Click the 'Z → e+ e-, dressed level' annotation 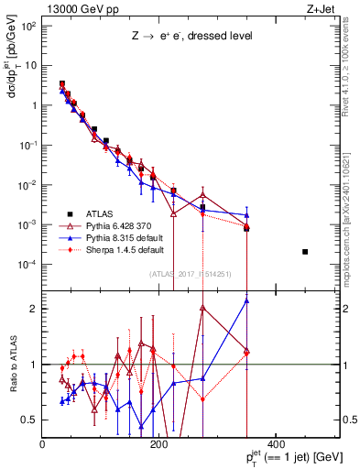click(x=190, y=36)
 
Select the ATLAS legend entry click(x=98, y=212)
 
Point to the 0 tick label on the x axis click(x=43, y=444)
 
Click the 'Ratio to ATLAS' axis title click(x=12, y=365)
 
